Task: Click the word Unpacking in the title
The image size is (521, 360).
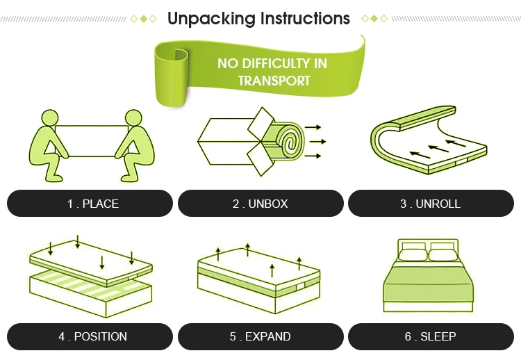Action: [x=210, y=18]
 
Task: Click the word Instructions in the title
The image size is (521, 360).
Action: [x=304, y=18]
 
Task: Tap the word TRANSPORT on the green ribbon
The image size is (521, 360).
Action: [x=274, y=81]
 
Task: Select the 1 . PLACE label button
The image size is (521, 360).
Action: [x=90, y=204]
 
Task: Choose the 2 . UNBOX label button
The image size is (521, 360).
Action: [x=260, y=204]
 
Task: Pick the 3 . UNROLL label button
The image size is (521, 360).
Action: [x=430, y=204]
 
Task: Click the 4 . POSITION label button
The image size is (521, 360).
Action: [x=90, y=336]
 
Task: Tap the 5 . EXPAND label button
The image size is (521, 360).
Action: [x=260, y=336]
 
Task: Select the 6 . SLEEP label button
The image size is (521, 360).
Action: [x=430, y=336]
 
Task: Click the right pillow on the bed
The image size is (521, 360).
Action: [x=444, y=254]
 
